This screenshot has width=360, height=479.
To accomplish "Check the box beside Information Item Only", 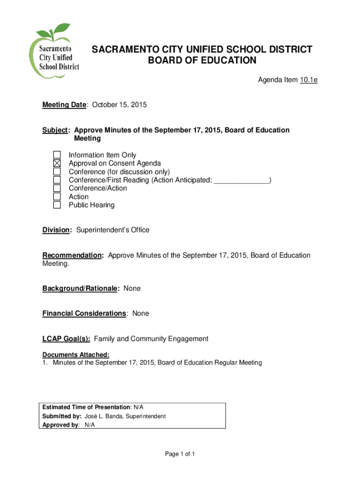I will click(57, 155).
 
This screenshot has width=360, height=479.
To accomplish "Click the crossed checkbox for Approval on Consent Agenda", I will click(57, 163).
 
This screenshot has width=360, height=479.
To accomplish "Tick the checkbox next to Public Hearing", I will click(57, 205).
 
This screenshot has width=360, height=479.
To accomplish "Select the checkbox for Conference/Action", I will click(57, 188).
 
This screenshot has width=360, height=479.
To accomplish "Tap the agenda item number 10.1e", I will click(309, 80).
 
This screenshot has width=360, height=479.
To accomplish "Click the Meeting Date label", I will click(64, 105).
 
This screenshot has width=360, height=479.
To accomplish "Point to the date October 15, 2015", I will click(119, 105).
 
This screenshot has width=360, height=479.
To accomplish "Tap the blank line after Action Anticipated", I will click(241, 180).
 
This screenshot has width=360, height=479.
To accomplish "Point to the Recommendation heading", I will click(72, 255).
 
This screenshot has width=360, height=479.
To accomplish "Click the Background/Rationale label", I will click(79, 289).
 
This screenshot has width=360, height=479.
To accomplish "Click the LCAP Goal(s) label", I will click(66, 339).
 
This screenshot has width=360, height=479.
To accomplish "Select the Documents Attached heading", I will click(76, 355).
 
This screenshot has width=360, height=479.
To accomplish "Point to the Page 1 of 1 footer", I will click(180, 454).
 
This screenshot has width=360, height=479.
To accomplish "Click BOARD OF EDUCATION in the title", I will click(202, 60).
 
